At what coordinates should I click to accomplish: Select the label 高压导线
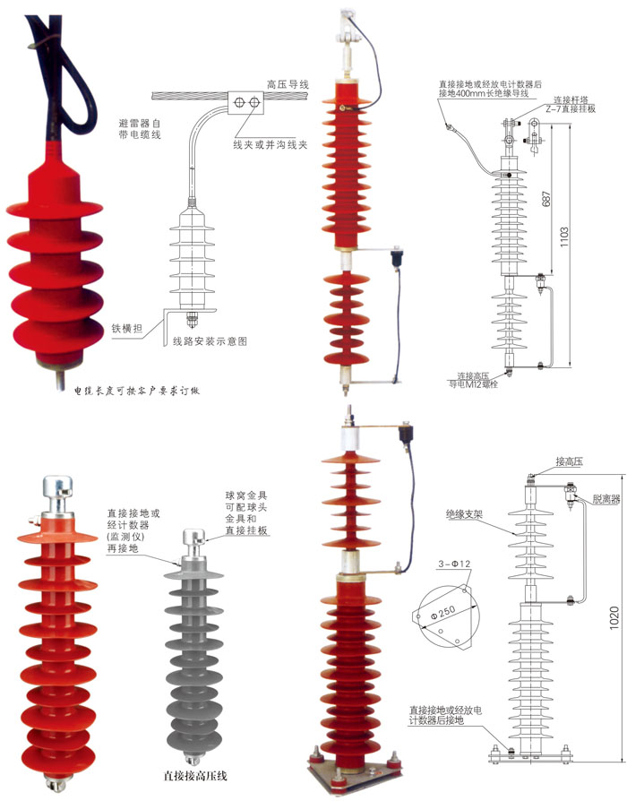coord(288,84)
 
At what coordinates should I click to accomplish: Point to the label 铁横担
coord(127,328)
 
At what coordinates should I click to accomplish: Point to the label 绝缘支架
coord(465,515)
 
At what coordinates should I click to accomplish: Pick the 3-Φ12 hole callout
coord(454,564)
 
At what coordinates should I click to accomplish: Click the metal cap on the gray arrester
coord(194,541)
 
